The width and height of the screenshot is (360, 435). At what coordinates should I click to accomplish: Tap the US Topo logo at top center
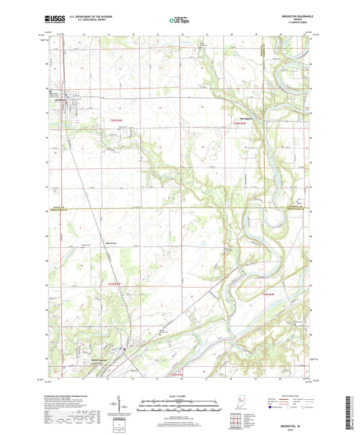coord(177,21)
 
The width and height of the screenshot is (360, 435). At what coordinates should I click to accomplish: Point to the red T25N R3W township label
coord(234,124)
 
